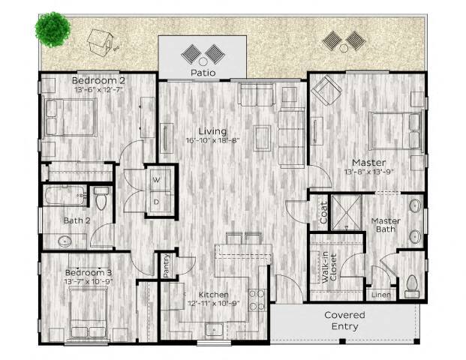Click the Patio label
point(203,73)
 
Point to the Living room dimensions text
point(215,139)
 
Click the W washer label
point(157,180)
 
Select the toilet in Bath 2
point(103,200)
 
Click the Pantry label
point(166,265)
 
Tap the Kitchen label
point(213,295)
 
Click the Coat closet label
point(324,212)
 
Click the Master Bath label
point(386,226)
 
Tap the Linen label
point(380,295)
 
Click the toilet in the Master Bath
point(411,283)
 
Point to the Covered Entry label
point(344,320)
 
